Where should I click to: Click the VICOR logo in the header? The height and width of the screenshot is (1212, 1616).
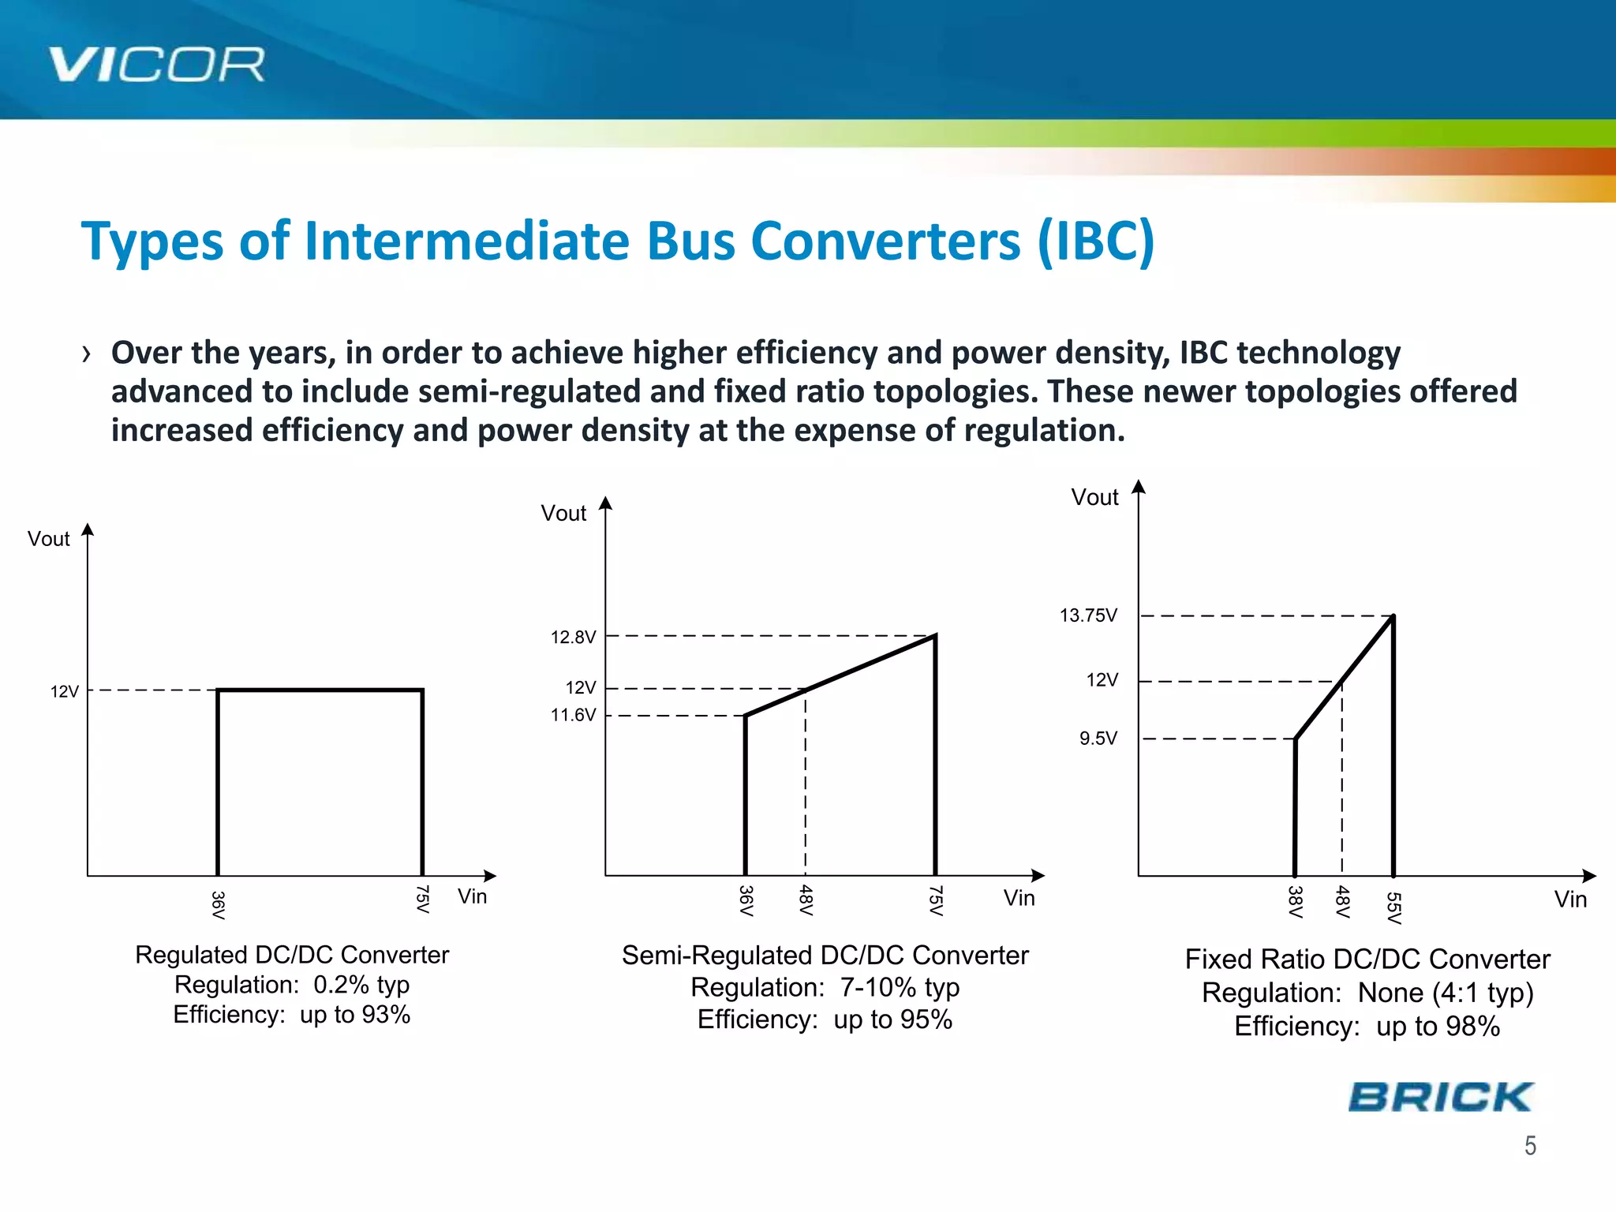[156, 65]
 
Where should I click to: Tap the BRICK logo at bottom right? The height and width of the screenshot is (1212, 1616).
[1440, 1098]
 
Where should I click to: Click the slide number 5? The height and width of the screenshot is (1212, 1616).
[1530, 1146]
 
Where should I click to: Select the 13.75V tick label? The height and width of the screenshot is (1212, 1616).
[1088, 615]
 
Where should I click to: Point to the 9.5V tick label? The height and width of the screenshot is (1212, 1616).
[1098, 739]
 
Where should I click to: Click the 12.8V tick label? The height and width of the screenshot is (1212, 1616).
[573, 637]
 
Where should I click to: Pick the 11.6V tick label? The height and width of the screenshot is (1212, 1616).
[573, 715]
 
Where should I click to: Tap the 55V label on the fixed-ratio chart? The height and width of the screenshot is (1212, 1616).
[1394, 908]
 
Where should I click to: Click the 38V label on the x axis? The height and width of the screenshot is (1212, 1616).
[1295, 902]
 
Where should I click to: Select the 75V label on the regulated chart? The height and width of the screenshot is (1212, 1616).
[423, 899]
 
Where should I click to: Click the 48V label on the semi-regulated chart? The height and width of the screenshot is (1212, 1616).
[806, 900]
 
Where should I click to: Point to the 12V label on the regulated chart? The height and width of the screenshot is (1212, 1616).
[65, 692]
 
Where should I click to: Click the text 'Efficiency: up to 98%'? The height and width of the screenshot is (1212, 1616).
[1367, 1026]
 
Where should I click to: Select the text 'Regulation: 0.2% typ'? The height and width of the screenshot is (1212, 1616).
[291, 985]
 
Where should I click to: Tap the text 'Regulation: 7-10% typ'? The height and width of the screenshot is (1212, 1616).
[825, 987]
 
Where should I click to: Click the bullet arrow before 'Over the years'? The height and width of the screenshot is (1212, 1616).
[86, 354]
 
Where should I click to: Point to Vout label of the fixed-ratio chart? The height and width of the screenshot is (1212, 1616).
[1094, 497]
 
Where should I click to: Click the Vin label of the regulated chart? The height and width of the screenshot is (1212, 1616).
[472, 896]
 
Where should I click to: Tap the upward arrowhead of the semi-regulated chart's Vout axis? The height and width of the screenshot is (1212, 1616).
[605, 503]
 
